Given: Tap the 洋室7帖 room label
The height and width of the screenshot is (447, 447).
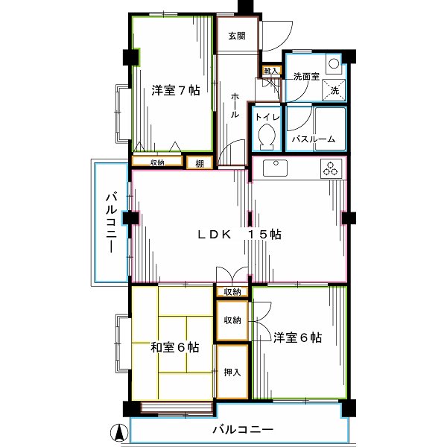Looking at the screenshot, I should (175, 91).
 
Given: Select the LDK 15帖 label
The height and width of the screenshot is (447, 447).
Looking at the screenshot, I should (238, 234).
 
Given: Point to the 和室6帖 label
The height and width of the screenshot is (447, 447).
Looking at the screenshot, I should (174, 347).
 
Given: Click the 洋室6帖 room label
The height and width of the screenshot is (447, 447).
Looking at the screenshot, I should (297, 337).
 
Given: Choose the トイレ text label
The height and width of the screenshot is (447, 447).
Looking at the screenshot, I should (266, 116).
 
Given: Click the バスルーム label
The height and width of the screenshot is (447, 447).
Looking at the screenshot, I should (313, 139).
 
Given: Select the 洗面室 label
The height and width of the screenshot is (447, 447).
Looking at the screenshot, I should (305, 76).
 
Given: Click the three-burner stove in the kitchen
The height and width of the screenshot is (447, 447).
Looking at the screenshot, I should (330, 169).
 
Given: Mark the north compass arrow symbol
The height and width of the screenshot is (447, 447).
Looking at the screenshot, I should (117, 431).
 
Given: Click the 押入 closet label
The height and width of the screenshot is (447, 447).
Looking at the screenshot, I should (232, 372).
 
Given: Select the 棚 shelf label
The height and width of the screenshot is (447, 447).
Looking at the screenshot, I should (199, 163).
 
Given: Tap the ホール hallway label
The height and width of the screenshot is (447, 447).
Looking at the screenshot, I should (235, 106).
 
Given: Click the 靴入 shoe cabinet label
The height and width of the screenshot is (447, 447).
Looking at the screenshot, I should (270, 71).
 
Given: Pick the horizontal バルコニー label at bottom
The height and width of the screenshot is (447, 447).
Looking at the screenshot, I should (242, 430).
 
